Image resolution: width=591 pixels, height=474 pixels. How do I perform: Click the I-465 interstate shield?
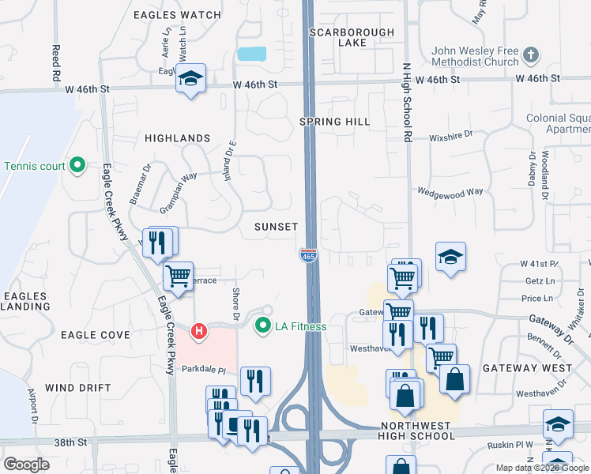click(x=308, y=255)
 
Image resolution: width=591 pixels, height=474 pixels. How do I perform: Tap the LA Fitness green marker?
click(x=262, y=325)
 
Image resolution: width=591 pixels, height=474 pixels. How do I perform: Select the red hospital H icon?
click(x=201, y=329)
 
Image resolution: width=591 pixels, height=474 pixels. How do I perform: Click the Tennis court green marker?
click(x=77, y=165)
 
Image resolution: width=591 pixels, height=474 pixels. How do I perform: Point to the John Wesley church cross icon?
click(x=531, y=56)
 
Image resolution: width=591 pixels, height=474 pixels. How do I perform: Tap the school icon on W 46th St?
click(x=190, y=78)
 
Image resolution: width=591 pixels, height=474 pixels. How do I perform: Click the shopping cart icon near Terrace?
click(x=179, y=276)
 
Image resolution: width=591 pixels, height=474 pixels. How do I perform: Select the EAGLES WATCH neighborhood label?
click(x=177, y=15)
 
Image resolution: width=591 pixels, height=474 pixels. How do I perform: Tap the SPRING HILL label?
click(x=335, y=122)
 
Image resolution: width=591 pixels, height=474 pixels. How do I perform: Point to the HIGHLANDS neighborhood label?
click(x=178, y=138)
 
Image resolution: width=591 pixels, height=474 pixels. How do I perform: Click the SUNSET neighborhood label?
click(x=276, y=227)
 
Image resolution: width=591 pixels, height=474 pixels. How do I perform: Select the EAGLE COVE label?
click(x=96, y=335)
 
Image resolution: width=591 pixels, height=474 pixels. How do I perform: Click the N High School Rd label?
click(x=408, y=103)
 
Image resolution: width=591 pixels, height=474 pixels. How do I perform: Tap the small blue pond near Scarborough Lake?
click(x=251, y=55)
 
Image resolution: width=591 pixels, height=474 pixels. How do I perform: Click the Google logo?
click(x=26, y=464)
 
